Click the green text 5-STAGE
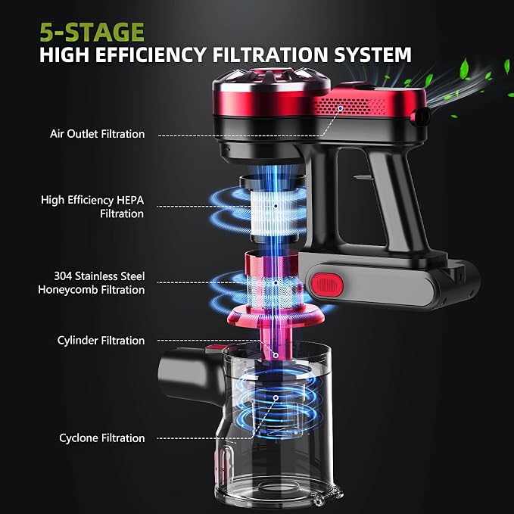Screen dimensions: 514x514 coord(92,32)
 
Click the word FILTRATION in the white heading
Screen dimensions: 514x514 coord(269,55)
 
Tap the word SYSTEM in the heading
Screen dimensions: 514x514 coord(372,55)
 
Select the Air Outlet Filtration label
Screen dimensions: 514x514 coord(97,134)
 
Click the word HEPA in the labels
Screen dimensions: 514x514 coord(130,200)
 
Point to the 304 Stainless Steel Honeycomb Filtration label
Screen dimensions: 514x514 coord(92,283)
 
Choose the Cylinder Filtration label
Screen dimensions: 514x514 coord(101,341)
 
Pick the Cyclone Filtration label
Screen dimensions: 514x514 coord(102,438)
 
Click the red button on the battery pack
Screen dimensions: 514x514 coord(327,284)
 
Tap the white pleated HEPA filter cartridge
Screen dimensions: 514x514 coord(275,213)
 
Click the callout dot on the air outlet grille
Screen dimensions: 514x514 coord(341,108)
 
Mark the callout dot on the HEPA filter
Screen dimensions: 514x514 coord(276,206)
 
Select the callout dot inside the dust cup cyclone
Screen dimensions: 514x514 coord(276,398)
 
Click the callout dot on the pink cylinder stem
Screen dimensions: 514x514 coord(276,355)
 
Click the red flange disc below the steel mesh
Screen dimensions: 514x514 coord(276,316)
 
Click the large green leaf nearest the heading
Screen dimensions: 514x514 coord(465,68)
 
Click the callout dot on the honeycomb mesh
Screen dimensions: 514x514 coord(276,282)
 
